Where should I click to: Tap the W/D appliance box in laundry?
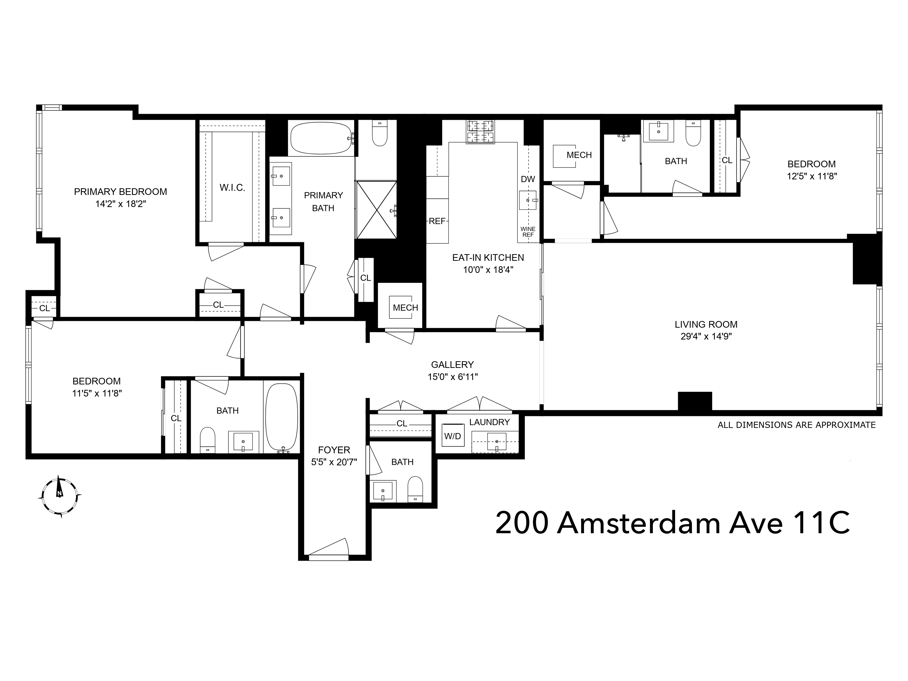click(453, 436)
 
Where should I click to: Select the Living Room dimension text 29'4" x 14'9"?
click(706, 337)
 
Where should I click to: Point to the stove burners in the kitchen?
click(480, 132)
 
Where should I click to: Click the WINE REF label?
click(528, 232)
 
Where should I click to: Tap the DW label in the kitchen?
click(528, 179)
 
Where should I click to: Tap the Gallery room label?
click(452, 364)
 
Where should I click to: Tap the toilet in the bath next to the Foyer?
click(415, 489)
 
